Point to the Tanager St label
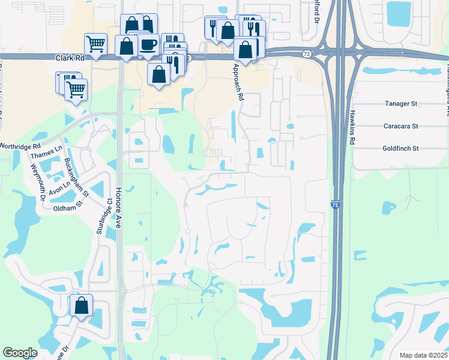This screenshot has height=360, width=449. tap(400, 104)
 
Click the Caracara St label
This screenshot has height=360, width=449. tap(400, 126)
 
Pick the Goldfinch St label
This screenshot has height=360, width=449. tap(400, 148)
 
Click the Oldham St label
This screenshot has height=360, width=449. tap(66, 208)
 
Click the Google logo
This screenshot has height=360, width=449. tap(20, 353)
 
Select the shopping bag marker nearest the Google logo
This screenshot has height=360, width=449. tap(81, 306)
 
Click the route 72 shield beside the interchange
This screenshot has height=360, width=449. tap(306, 54)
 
